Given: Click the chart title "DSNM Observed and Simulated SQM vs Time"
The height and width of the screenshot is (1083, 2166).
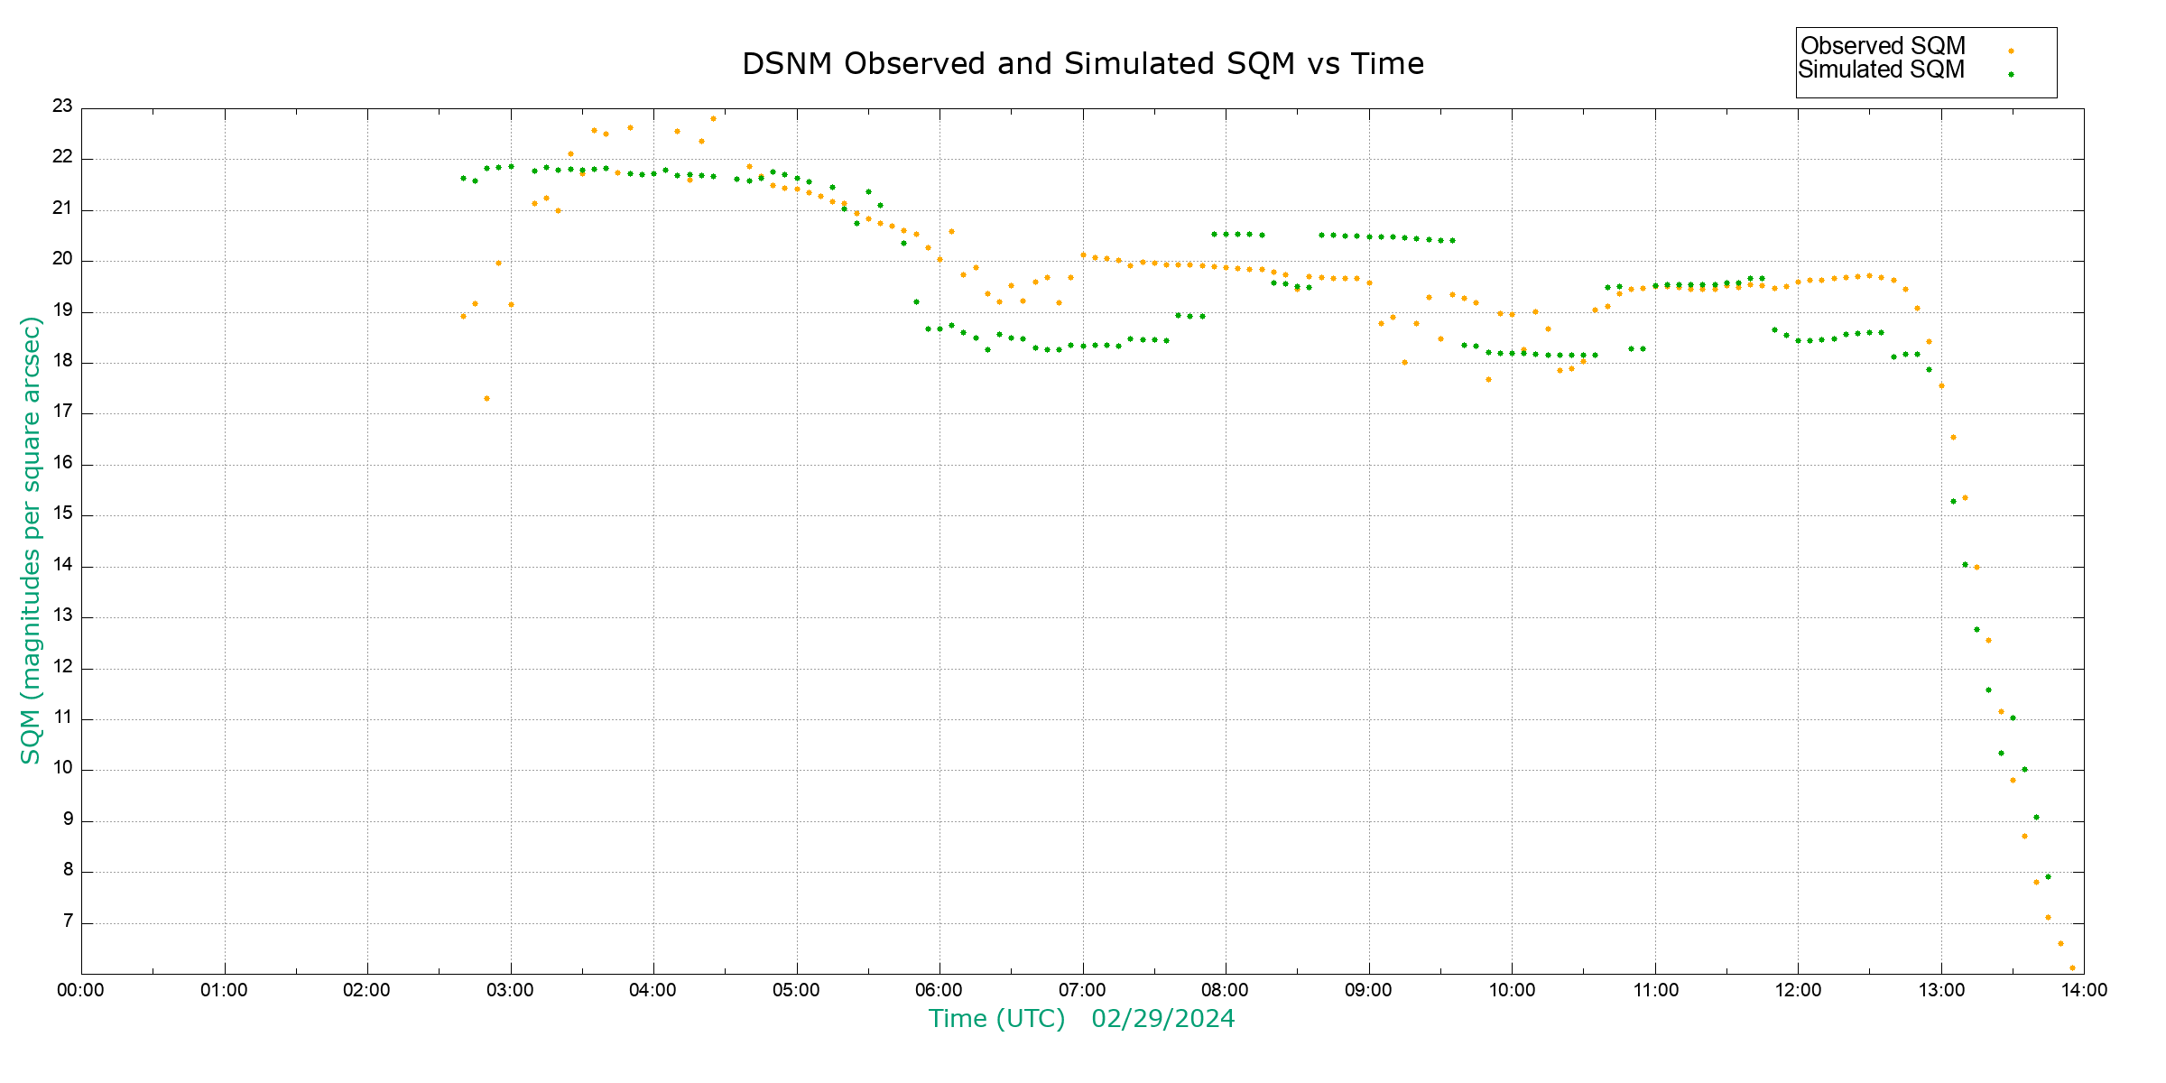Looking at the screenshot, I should point(1082,64).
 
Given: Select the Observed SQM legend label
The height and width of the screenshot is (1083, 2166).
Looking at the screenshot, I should point(1883,46).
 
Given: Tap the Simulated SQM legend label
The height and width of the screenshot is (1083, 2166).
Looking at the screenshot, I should point(1881,69).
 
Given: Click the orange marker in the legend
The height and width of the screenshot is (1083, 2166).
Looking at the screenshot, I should point(2011,51).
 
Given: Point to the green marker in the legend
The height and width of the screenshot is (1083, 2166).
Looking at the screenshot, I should point(2011,74).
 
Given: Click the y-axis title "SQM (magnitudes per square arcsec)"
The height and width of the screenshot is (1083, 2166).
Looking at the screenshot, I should point(31,540).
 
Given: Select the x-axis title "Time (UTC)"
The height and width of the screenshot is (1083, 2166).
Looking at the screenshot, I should point(996,1019).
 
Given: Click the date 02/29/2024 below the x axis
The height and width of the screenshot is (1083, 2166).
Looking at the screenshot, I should point(1162,1019).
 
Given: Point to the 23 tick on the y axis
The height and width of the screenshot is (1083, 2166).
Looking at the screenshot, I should point(62,106).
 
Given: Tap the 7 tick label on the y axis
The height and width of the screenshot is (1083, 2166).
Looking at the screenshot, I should point(68,921).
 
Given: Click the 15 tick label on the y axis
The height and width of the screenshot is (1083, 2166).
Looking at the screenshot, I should point(62,514).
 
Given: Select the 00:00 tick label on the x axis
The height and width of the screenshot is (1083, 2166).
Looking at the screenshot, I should point(80,990).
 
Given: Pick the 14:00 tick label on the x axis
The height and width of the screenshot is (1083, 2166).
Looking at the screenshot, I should point(2084,990).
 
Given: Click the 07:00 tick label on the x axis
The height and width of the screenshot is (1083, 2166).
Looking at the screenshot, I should point(1082,990).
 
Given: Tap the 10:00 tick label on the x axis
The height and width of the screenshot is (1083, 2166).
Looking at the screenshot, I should point(1512,990).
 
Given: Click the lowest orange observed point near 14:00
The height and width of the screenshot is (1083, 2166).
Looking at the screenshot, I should point(2072,967).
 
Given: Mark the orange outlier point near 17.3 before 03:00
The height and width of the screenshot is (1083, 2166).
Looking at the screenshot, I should point(486,398).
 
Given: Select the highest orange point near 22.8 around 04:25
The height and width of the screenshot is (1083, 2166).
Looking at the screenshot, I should point(713,118).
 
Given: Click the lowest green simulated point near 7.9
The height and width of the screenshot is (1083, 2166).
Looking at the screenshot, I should point(2048,876).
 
